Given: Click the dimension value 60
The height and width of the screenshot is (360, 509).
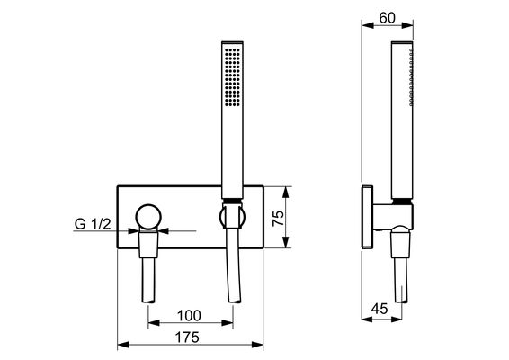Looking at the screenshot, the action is [x=387, y=18].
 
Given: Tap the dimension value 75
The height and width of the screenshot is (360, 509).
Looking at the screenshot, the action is [x=278, y=219].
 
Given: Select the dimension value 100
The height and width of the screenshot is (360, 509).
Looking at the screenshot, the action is [x=189, y=316].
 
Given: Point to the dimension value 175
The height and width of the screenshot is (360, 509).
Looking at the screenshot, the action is [x=187, y=337].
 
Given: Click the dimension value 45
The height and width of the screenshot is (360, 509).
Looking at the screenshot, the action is [x=380, y=309].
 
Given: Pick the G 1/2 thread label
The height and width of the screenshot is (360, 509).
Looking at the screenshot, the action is [x=93, y=224].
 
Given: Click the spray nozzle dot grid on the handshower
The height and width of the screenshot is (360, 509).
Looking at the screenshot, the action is [x=232, y=77].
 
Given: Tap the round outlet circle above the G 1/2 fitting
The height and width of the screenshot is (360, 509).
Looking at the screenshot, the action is [x=148, y=217].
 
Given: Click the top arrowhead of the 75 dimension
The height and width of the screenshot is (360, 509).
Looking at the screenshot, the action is [x=286, y=193].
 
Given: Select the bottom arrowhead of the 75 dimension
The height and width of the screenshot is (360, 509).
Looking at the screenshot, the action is [x=286, y=242].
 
